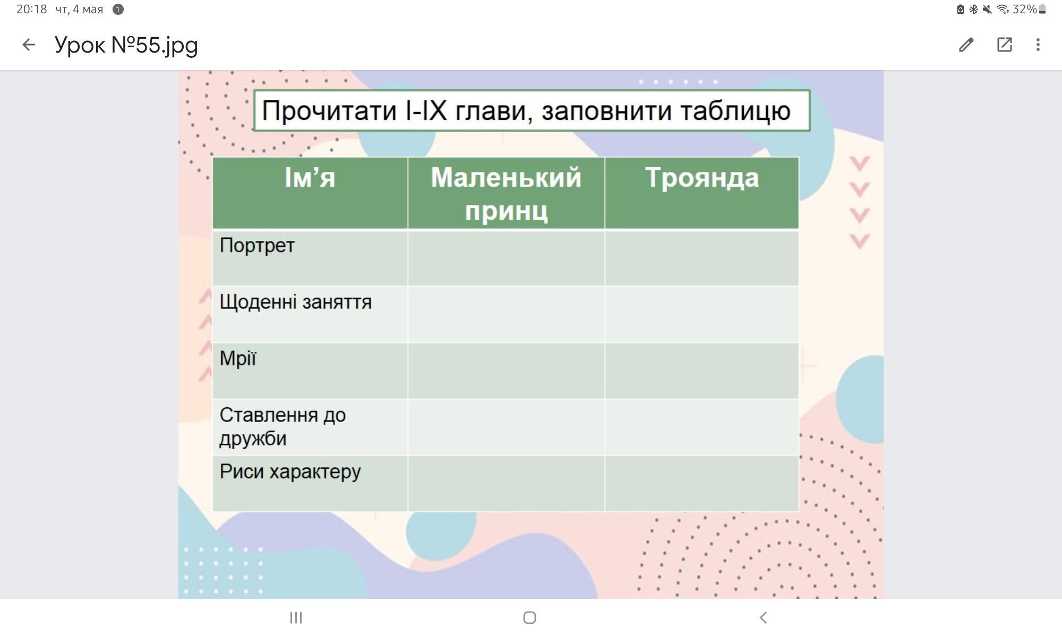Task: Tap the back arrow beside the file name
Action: (x=29, y=45)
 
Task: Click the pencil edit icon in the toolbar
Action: (x=966, y=45)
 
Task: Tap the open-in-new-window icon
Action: (x=1004, y=45)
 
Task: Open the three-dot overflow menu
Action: (x=1038, y=45)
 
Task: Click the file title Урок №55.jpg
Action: (x=126, y=46)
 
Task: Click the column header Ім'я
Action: (x=310, y=177)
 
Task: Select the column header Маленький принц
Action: (x=506, y=193)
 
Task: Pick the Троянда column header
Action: (x=702, y=178)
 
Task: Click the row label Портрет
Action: (x=257, y=246)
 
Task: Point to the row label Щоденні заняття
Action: (x=296, y=302)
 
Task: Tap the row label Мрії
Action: (x=238, y=358)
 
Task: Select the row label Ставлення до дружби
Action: (x=282, y=427)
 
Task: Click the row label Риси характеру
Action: (x=290, y=472)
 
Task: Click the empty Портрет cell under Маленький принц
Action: (x=506, y=258)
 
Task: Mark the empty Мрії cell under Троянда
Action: (x=701, y=371)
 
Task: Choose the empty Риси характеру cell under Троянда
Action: (x=701, y=483)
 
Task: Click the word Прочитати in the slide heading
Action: (x=329, y=111)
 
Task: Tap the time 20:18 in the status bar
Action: (x=31, y=9)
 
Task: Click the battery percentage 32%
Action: (x=1024, y=9)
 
